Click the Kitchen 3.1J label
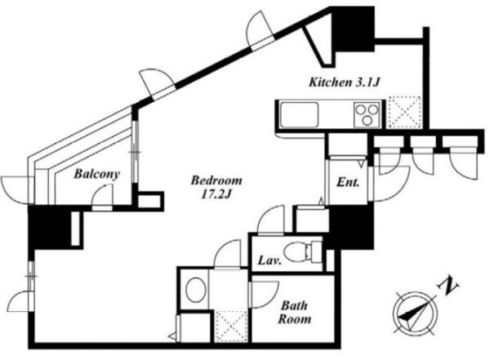point(345,82)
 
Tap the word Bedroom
point(216,180)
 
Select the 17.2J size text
point(216,194)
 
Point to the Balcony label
point(97,174)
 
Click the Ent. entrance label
point(348,182)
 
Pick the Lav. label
point(269,260)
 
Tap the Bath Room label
point(295,312)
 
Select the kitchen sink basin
point(300,114)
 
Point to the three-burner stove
point(367,114)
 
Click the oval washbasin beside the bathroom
point(196,290)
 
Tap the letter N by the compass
point(448,286)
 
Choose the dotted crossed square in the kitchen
point(403,112)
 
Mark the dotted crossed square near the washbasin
point(232,327)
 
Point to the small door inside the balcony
point(102,198)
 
